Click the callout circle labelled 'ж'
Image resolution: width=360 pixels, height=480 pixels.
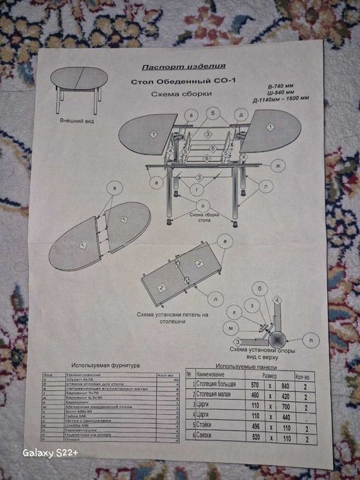pyautogui.click(x=278, y=165)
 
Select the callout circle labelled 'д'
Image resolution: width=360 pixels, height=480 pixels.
pyautogui.click(x=241, y=113)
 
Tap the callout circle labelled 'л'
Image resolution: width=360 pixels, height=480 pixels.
pyautogui.click(x=216, y=299)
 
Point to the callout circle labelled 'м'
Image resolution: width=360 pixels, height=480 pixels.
pyautogui.click(x=232, y=328)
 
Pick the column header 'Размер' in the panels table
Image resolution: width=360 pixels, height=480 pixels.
pyautogui.click(x=268, y=376)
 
